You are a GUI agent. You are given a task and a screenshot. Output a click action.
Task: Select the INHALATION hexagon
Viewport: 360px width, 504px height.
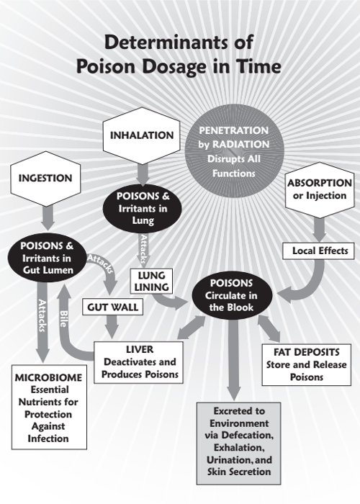click(x=142, y=135)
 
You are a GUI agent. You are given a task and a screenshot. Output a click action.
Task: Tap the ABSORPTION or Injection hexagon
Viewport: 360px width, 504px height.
click(x=319, y=189)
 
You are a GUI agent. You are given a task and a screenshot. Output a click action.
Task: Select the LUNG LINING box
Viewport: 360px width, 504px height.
click(x=151, y=282)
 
